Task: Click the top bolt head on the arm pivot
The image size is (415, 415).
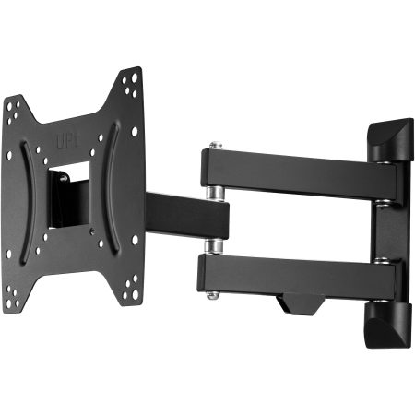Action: [215, 146]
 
